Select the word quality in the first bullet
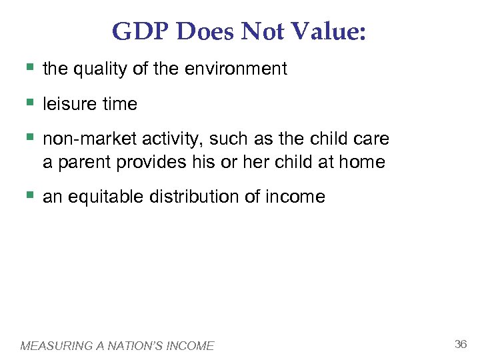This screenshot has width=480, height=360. click(x=99, y=69)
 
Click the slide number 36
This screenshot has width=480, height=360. click(x=460, y=344)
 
